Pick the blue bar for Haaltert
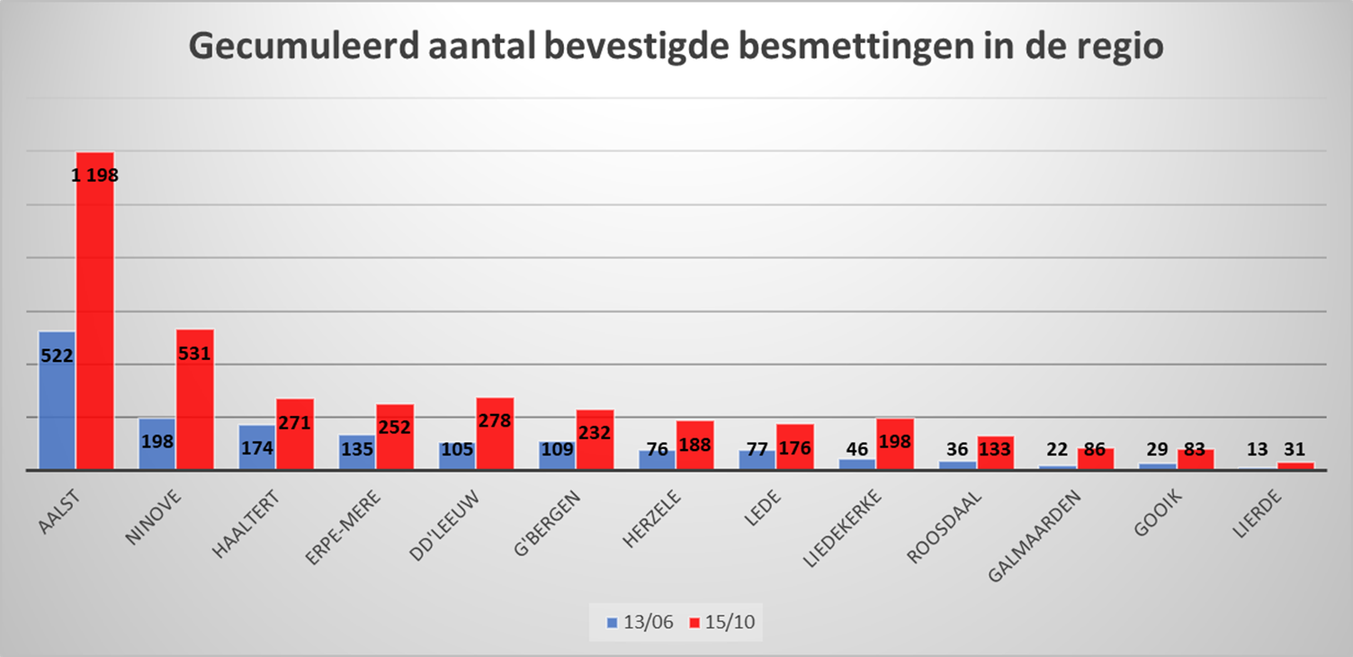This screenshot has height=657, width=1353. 257,447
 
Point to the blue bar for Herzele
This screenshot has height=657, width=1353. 658,460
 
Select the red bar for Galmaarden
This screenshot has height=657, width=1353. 1096,459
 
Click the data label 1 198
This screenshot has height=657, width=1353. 95,175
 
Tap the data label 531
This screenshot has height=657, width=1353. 194,354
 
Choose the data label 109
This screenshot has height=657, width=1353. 557,448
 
